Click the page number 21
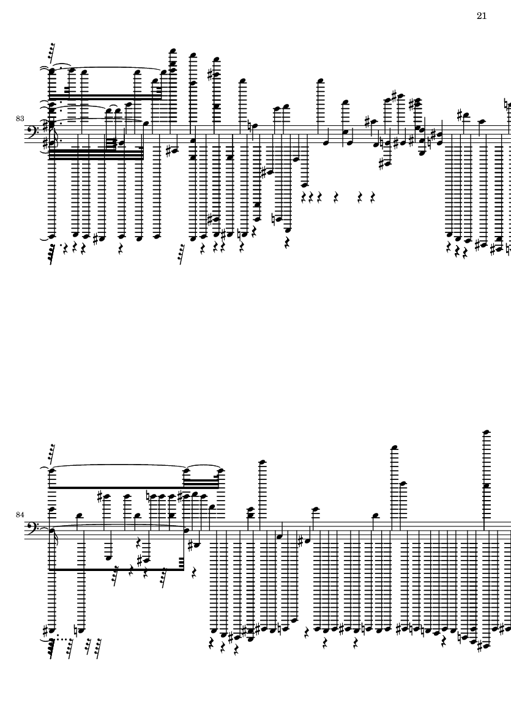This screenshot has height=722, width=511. coord(482,16)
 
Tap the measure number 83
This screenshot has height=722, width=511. coord(20,119)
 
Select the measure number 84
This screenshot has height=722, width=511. coord(20,515)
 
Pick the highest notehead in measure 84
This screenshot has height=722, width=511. coord(486,432)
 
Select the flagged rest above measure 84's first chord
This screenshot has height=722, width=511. coord(51,452)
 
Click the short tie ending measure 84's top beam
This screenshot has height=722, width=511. coord(203,466)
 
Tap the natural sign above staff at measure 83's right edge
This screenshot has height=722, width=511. coord(508,105)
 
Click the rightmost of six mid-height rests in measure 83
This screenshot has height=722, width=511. coord(373,198)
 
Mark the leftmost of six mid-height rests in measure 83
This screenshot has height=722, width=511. coord(303,198)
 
